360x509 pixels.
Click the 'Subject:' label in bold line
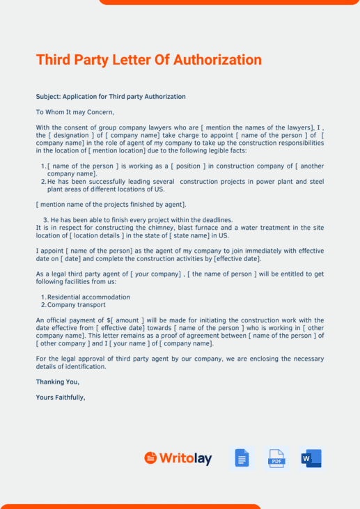click(x=48, y=96)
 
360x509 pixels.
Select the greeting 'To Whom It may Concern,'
click(x=75, y=111)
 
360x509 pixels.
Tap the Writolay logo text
click(x=185, y=458)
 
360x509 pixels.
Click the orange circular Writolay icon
click(x=150, y=457)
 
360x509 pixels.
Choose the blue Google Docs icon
click(x=242, y=458)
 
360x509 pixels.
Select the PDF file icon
click(x=276, y=458)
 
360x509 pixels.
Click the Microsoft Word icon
click(x=311, y=458)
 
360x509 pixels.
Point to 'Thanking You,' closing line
click(x=58, y=382)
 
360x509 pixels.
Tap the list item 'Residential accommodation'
click(x=88, y=297)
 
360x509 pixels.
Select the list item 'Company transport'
click(x=77, y=304)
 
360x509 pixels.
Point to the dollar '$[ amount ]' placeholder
click(x=123, y=320)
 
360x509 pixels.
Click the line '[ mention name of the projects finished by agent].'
click(x=111, y=205)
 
